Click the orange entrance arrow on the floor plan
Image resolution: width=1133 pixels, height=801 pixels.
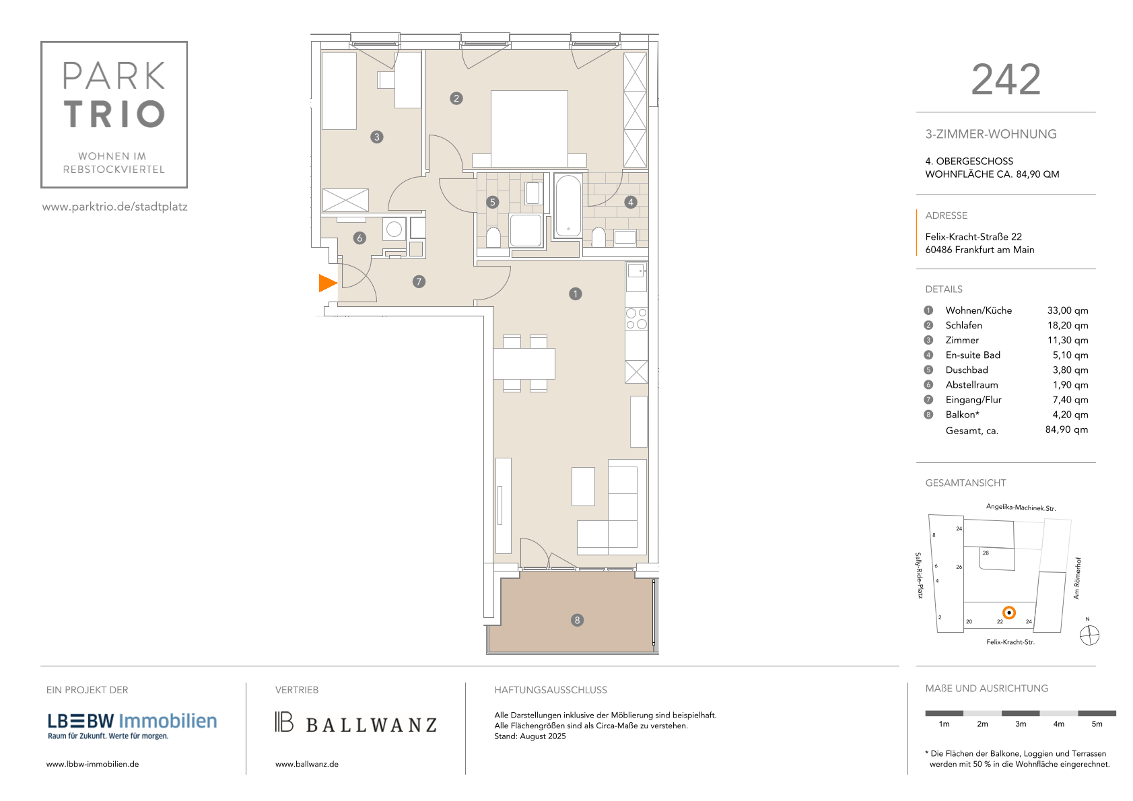(x=327, y=283)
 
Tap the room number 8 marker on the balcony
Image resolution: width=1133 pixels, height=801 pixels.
(x=577, y=620)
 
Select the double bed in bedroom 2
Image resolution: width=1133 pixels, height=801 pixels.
(x=529, y=129)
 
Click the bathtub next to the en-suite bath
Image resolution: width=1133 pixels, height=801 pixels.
(x=569, y=206)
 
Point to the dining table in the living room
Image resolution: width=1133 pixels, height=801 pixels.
(x=524, y=363)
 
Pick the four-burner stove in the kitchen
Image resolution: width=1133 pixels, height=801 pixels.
(x=636, y=318)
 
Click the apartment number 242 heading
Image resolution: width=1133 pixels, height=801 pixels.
(x=1006, y=79)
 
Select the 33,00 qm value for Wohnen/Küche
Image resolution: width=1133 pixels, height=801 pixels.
(x=1067, y=310)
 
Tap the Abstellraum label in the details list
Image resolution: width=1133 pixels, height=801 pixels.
(x=971, y=385)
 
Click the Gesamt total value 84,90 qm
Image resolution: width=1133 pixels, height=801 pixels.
(x=1066, y=429)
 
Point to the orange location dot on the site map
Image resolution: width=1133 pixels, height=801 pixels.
(x=1008, y=613)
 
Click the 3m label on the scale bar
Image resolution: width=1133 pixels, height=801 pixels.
(x=1020, y=724)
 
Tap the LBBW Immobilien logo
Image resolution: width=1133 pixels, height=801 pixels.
(x=132, y=726)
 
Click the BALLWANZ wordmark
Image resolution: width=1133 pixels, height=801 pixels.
(x=371, y=725)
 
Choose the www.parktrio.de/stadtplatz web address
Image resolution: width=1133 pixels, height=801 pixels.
(x=115, y=207)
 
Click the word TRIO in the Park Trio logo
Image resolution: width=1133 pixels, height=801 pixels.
(x=114, y=114)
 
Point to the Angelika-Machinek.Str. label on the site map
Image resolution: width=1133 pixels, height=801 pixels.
(x=1021, y=508)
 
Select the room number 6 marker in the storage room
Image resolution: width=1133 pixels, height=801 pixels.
(x=359, y=238)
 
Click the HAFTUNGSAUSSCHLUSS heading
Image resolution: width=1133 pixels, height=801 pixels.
(x=550, y=690)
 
